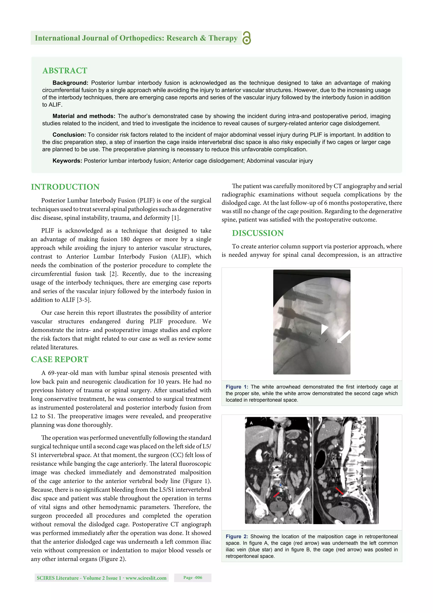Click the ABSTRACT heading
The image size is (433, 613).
tap(65, 70)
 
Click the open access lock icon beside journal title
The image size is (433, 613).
tap(247, 38)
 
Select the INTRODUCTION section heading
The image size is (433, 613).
tap(65, 187)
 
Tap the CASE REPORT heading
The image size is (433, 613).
tap(59, 359)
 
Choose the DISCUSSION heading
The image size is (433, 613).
tap(258, 233)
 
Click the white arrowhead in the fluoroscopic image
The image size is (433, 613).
tap(324, 329)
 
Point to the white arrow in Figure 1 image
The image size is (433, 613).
tap(344, 337)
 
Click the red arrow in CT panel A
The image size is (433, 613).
tap(276, 495)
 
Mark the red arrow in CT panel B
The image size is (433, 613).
tap(339, 491)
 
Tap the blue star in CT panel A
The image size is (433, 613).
tap(280, 485)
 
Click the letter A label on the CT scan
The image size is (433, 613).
tap(251, 423)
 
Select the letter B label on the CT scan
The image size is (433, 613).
tap(324, 426)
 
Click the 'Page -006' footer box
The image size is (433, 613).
tap(193, 577)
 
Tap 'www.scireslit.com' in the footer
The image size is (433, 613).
tap(146, 578)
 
